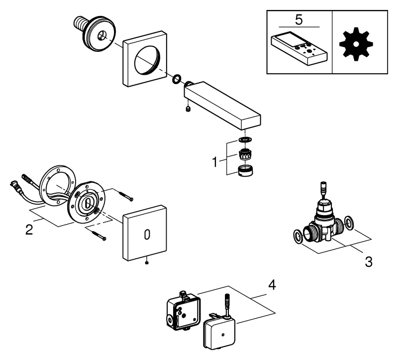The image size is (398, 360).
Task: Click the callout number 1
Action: [x=215, y=162]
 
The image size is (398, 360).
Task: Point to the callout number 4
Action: [x=271, y=285]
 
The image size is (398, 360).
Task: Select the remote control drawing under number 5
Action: [x=298, y=49]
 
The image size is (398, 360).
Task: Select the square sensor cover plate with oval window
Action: [x=146, y=234]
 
